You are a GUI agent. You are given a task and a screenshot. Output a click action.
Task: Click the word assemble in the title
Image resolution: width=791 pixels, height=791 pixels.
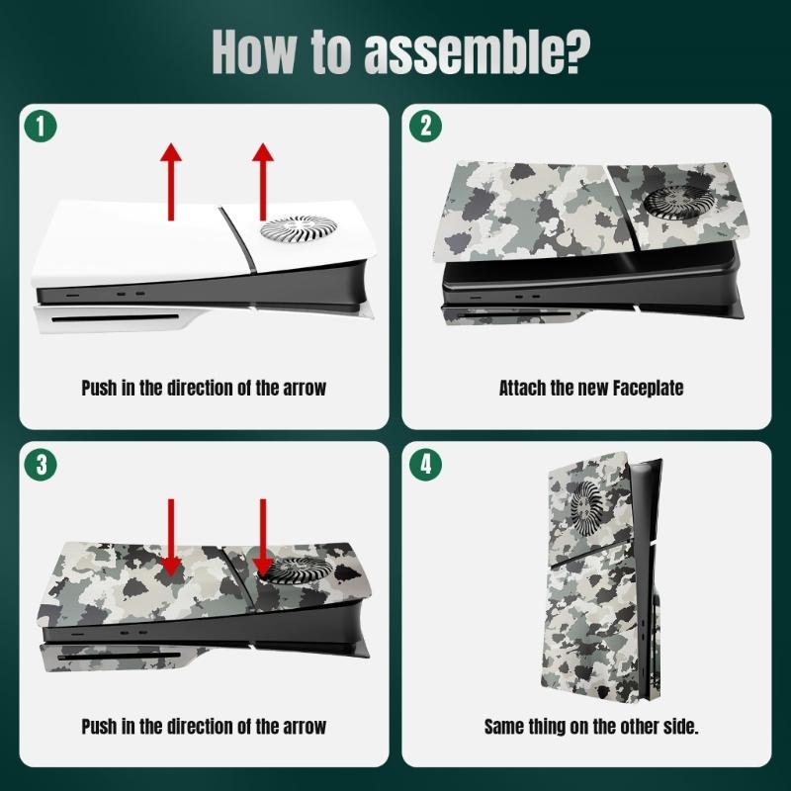[x=477, y=52]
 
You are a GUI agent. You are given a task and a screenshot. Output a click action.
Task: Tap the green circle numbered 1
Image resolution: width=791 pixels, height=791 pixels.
[x=41, y=126]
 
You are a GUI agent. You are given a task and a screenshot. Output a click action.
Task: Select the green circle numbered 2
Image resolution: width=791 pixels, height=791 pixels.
[x=426, y=126]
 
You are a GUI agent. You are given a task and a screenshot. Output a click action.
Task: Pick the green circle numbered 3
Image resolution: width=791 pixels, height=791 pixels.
[x=41, y=464]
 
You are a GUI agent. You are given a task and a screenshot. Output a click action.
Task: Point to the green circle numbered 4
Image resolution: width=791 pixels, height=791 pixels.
[x=426, y=464]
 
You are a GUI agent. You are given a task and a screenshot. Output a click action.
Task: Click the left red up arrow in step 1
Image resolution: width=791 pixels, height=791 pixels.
[x=171, y=182]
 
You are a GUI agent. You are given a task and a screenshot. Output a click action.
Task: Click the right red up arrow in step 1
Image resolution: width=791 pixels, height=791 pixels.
[x=263, y=182]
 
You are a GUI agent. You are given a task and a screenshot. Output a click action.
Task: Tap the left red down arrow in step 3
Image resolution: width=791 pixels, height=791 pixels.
[x=171, y=538]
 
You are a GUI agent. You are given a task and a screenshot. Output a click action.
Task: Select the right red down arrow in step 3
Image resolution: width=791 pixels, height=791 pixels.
[x=263, y=538]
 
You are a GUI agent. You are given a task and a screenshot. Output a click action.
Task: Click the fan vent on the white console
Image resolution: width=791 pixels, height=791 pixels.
[x=299, y=227]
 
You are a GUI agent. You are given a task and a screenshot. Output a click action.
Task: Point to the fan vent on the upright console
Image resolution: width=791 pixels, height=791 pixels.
[x=587, y=507]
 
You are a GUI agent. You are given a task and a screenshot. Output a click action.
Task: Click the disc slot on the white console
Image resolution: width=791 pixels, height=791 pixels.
[x=116, y=318]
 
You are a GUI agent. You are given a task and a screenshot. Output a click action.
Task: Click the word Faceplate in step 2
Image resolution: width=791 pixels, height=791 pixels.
[x=649, y=388]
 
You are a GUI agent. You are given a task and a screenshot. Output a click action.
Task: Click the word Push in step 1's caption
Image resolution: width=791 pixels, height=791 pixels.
[x=100, y=388]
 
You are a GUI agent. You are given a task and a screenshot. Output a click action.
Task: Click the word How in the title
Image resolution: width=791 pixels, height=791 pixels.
[x=254, y=52]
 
